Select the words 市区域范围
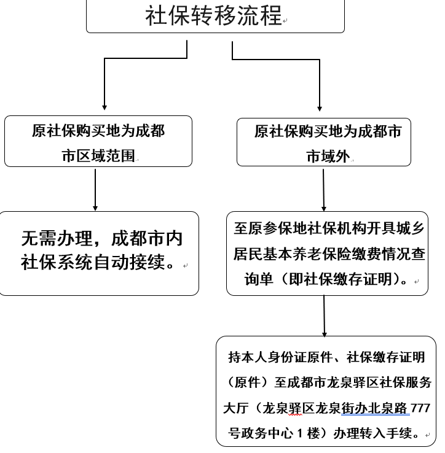click(x=98, y=155)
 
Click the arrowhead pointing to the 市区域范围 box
click(x=104, y=109)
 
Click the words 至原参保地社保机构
click(x=296, y=229)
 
